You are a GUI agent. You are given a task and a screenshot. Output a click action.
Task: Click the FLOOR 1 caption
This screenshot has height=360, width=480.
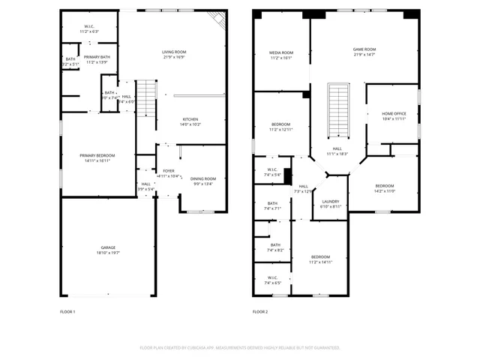(67, 311)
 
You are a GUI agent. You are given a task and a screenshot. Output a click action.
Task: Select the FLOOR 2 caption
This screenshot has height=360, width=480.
(260, 311)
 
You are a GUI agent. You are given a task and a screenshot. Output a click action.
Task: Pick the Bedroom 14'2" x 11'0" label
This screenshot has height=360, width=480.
(384, 187)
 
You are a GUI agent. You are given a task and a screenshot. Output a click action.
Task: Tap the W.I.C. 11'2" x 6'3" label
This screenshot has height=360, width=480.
(89, 29)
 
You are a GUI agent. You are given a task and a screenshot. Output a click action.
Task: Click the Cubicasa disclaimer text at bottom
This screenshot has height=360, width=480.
(240, 348)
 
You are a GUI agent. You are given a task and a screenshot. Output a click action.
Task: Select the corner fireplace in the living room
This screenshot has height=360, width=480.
(218, 19)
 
